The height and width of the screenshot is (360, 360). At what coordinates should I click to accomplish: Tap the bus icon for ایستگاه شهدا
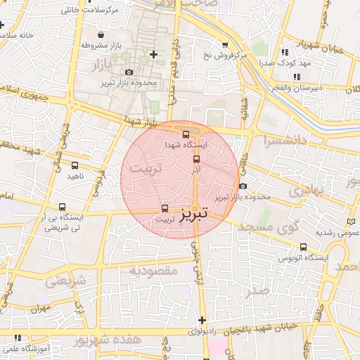(186, 134)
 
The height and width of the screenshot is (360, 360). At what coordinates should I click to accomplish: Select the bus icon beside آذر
(196, 159)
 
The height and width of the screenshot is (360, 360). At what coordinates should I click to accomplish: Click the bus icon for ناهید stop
(75, 165)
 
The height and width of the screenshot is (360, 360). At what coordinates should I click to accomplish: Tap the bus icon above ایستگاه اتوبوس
(303, 247)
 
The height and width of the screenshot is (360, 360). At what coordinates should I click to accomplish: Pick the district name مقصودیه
(151, 271)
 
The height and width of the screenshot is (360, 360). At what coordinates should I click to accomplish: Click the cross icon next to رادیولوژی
(202, 321)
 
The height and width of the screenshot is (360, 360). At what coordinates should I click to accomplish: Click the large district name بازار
(103, 67)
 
